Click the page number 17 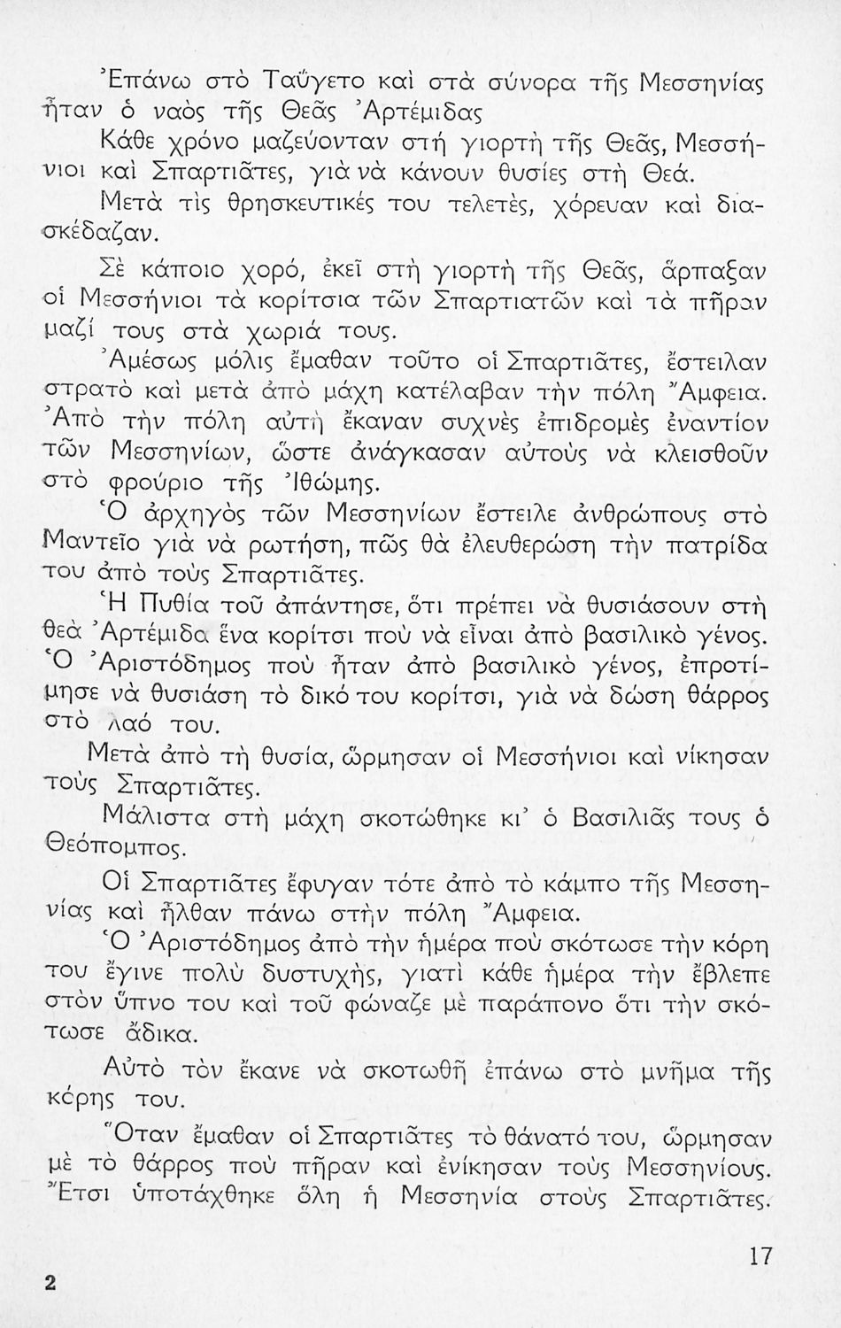pos(760,1257)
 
